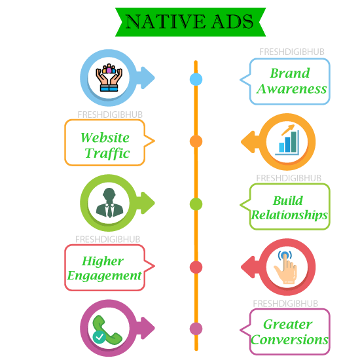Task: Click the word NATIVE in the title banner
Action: click(166, 22)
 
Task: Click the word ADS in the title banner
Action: click(232, 22)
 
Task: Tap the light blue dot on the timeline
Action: click(196, 79)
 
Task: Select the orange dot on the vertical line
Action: click(196, 141)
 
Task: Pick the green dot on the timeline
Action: click(196, 204)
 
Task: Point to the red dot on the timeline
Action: click(196, 267)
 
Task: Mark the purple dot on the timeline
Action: click(196, 329)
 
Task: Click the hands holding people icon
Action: click(109, 78)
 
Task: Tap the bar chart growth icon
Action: click(287, 139)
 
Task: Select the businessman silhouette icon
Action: click(109, 203)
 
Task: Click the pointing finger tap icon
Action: click(285, 267)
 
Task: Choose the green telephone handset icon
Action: click(107, 329)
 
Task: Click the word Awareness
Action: click(291, 89)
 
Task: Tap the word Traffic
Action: click(107, 153)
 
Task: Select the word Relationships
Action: click(289, 215)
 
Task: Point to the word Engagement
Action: click(104, 276)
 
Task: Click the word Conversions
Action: click(289, 340)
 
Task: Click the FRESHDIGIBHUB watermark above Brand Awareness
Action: click(291, 52)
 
